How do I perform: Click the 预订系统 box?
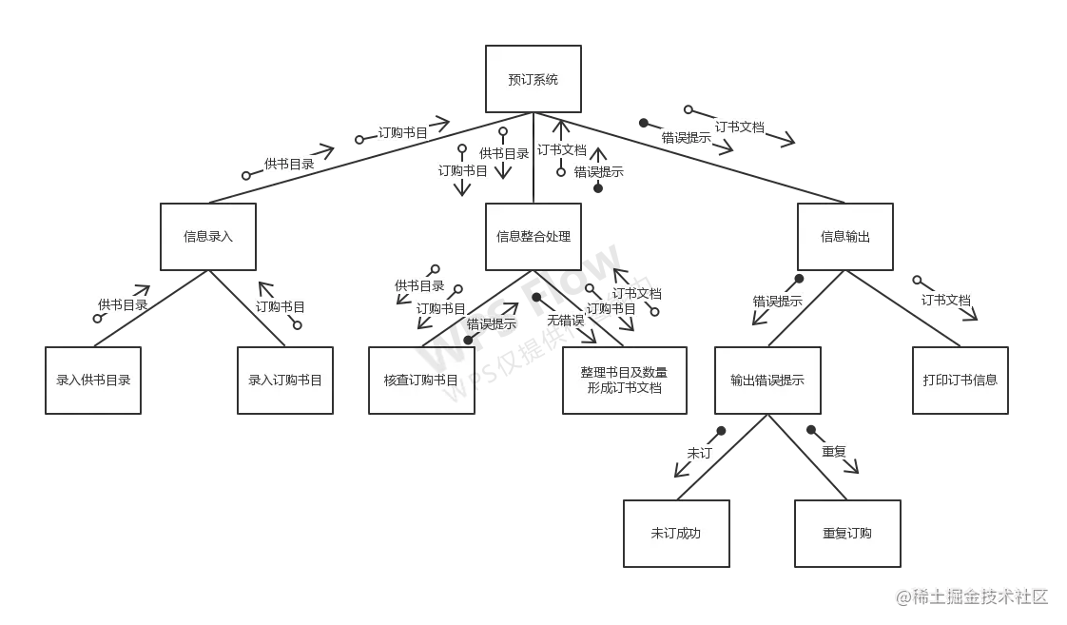pyautogui.click(x=533, y=80)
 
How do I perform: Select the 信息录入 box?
pyautogui.click(x=208, y=236)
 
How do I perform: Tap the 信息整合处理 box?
pyautogui.click(x=533, y=236)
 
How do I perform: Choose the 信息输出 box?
pyautogui.click(x=845, y=236)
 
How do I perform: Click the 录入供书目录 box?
pyautogui.click(x=93, y=380)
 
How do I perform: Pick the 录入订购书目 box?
pyautogui.click(x=285, y=380)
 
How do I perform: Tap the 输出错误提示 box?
pyautogui.click(x=767, y=380)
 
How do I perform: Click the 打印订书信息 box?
pyautogui.click(x=960, y=380)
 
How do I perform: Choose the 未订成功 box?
pyautogui.click(x=675, y=533)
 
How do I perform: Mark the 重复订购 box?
pyautogui.click(x=847, y=533)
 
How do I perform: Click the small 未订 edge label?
pyautogui.click(x=699, y=454)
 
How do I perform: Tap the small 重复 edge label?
pyautogui.click(x=834, y=452)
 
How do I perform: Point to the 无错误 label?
pyautogui.click(x=564, y=322)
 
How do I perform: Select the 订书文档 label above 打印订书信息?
pyautogui.click(x=946, y=301)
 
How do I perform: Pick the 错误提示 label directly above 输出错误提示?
pyautogui.click(x=778, y=302)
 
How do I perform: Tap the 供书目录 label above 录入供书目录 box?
pyautogui.click(x=123, y=305)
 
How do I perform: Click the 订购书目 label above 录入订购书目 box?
pyautogui.click(x=281, y=306)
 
